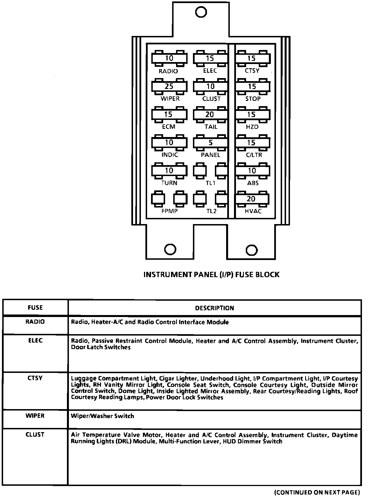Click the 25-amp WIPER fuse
[x=169, y=86]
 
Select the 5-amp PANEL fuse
[x=210, y=143]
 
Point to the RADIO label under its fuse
[x=168, y=71]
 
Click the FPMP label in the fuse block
[x=169, y=211]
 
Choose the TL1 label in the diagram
[x=210, y=183]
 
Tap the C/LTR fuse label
[x=254, y=155]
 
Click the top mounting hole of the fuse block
[x=201, y=12]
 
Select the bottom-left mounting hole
[x=170, y=249]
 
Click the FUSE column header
[x=35, y=308]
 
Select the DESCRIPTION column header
[x=214, y=308]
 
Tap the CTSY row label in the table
[x=35, y=378]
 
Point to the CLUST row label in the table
[x=35, y=434]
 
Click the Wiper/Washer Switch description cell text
[x=102, y=416]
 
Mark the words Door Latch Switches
[x=101, y=347]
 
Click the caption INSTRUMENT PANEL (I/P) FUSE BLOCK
[x=211, y=274]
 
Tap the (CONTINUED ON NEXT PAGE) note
[x=317, y=492]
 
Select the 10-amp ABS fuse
[x=252, y=171]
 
